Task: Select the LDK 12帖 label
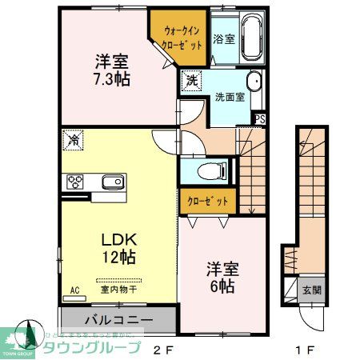tap(117, 249)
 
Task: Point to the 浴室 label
tap(223, 38)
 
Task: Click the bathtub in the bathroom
tap(254, 38)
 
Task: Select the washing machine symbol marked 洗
tap(192, 80)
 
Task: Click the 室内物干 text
tap(119, 290)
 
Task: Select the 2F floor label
tap(162, 350)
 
